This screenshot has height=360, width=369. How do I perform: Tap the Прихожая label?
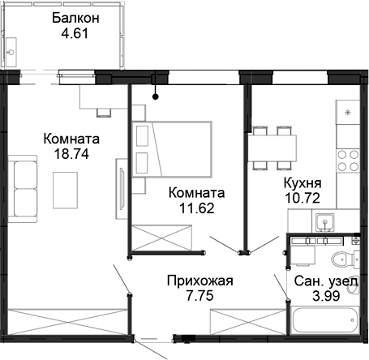(200, 281)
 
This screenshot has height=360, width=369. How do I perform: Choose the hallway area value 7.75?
(200, 297)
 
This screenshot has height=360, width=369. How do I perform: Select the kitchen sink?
(324, 221)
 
